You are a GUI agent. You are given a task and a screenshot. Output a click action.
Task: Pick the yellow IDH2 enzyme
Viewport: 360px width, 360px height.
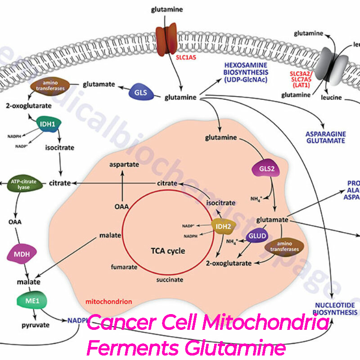point(223,222)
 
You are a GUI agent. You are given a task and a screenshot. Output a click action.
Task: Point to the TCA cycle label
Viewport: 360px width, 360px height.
point(168,250)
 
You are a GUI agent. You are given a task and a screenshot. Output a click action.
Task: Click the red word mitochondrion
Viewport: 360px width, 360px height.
point(109,301)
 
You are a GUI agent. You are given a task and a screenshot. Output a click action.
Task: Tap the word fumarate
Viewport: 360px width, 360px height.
point(124,267)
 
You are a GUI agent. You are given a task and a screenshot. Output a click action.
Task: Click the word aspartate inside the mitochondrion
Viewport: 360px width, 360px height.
point(124,165)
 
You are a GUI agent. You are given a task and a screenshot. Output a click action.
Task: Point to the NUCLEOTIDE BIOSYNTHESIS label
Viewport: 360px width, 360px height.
point(336,308)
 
